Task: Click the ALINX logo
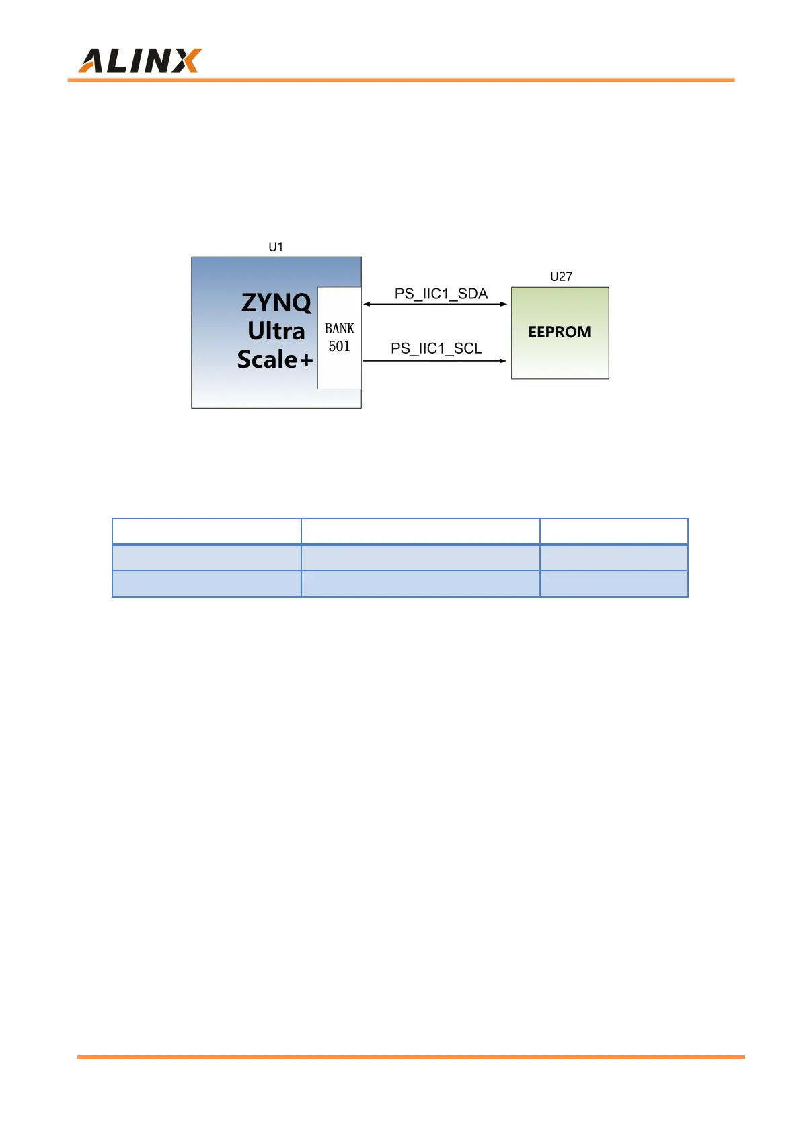[x=139, y=60]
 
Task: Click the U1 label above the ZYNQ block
[x=276, y=247]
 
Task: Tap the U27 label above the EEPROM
[x=561, y=276]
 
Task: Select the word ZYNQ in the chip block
[x=276, y=302]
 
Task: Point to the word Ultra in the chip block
[x=276, y=331]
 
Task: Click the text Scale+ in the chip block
[x=274, y=359]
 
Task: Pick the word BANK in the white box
[x=339, y=329]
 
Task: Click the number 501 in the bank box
[x=339, y=346]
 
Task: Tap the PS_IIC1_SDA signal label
[x=441, y=294]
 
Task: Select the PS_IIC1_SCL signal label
[x=436, y=348]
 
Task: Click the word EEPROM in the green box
[x=560, y=332]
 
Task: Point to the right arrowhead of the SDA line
[x=503, y=304]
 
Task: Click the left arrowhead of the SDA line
[x=367, y=304]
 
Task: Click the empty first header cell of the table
[x=206, y=531]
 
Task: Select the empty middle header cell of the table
[x=420, y=531]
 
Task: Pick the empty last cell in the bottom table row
[x=613, y=583]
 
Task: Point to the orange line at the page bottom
[x=410, y=1057]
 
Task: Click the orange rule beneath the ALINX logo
[x=401, y=80]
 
